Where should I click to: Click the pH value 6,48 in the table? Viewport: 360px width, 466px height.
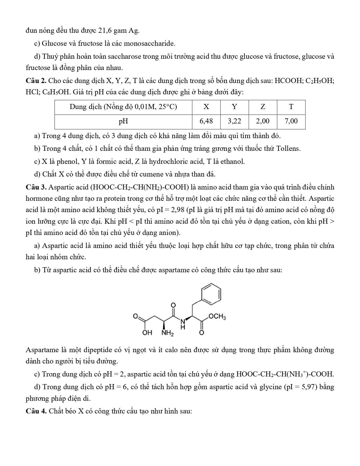click(x=206, y=121)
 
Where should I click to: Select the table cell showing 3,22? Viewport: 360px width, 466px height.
click(x=234, y=121)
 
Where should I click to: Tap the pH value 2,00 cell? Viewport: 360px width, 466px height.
click(x=263, y=121)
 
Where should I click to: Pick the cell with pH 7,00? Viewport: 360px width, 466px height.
click(x=291, y=121)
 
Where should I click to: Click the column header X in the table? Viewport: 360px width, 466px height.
click(x=206, y=107)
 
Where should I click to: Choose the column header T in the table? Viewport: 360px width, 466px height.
click(x=291, y=107)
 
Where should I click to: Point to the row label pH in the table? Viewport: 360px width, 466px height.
click(x=123, y=121)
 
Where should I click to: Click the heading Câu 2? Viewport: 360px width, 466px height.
click(x=36, y=81)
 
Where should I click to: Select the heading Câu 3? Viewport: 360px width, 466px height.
click(x=36, y=187)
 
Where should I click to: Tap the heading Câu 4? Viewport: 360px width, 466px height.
click(x=36, y=411)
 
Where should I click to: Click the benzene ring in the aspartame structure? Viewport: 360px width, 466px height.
click(x=211, y=294)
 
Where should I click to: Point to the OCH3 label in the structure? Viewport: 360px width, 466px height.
click(x=217, y=317)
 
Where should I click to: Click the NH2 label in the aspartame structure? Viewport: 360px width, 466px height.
click(x=167, y=333)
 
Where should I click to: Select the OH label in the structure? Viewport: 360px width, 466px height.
click(x=147, y=332)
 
